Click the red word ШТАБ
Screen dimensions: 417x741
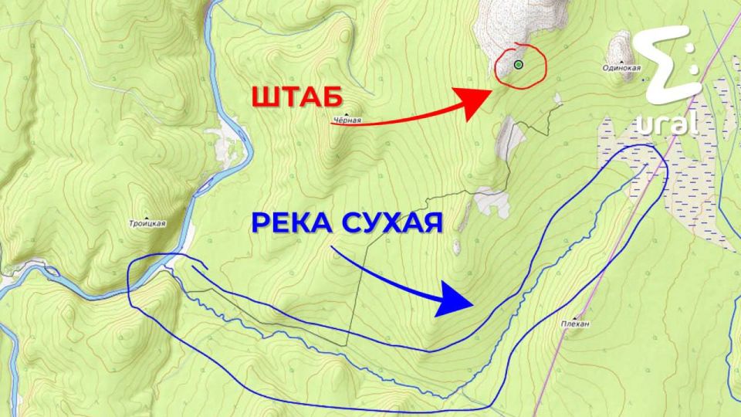297,98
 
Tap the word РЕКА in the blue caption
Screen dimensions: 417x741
290,224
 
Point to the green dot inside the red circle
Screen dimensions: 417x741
519,64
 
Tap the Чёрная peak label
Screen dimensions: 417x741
347,120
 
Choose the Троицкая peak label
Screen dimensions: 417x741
147,224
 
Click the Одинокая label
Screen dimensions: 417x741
622,68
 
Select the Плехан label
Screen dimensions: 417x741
575,324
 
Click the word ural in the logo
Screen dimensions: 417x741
668,123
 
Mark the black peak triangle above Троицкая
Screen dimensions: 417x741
147,215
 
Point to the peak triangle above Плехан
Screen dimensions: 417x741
575,316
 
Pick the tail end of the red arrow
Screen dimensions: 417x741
333,124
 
